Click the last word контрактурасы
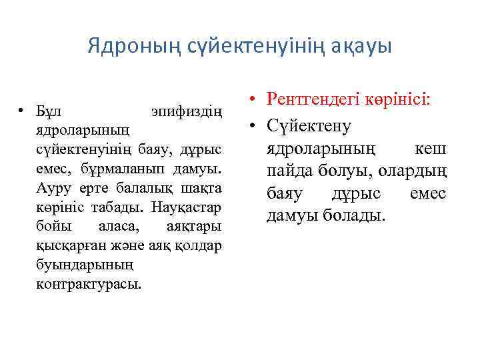coord(88,285)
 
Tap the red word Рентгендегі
coord(311,100)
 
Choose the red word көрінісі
coord(398,100)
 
